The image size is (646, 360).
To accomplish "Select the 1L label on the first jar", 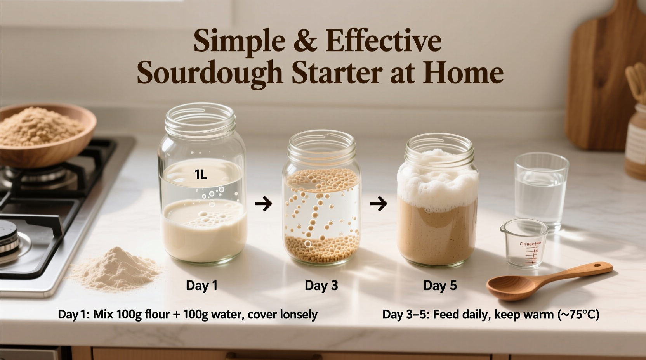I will tap(201, 175).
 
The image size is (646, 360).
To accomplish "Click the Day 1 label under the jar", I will tap(201, 286).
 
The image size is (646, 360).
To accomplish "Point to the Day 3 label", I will tap(321, 286).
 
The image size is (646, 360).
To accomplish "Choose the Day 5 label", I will tap(440, 286).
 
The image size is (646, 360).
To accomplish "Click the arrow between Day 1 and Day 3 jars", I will tap(264, 203).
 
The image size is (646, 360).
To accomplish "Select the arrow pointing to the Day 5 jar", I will tap(379, 203).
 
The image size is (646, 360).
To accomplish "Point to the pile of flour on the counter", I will tap(115, 269).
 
